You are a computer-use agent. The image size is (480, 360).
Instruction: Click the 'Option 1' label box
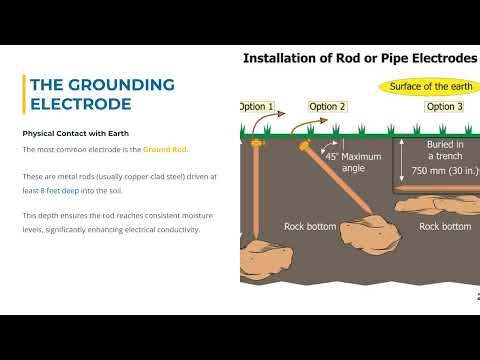257,106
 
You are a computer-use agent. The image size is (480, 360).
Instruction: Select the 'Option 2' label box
328,106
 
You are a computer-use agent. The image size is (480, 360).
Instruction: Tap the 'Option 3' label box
444,106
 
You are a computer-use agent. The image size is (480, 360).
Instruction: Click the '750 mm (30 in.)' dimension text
442,170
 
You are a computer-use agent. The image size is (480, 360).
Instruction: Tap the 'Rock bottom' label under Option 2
310,227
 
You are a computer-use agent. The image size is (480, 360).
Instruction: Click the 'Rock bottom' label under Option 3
444,227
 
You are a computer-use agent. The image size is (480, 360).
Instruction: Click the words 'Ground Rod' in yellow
165,150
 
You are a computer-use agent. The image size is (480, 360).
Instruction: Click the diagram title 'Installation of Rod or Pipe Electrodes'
360,58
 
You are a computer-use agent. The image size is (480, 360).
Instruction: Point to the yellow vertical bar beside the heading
23,94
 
